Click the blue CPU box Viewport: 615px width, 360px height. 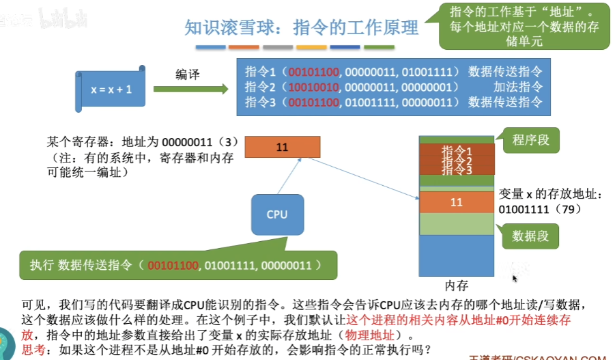(276, 214)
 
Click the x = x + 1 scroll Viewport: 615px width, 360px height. (111, 89)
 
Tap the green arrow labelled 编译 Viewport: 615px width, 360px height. (190, 89)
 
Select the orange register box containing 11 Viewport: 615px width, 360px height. (282, 147)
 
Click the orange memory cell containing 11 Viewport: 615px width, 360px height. (456, 202)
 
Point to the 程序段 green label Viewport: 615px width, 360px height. (530, 141)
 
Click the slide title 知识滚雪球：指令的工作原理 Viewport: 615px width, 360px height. (301, 28)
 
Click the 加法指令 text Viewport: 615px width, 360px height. (518, 87)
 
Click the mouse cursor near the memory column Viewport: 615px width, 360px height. (515, 277)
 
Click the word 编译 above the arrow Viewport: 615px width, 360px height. (187, 74)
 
